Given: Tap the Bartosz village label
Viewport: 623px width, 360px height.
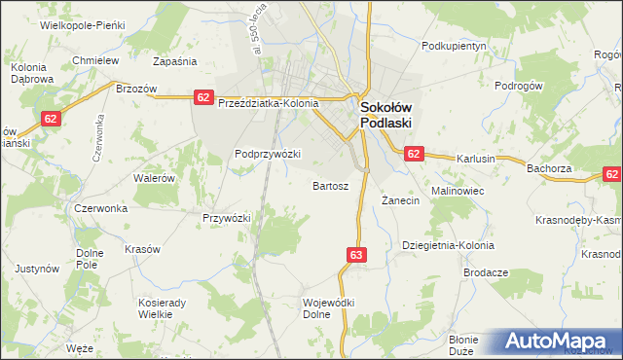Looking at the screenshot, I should [x=330, y=185].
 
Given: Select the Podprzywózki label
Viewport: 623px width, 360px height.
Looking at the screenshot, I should [x=268, y=154].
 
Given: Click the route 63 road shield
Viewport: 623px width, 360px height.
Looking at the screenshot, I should [x=355, y=255].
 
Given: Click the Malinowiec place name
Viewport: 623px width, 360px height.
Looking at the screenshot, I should [x=458, y=191].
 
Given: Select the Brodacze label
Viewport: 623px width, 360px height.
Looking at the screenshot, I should [x=486, y=273].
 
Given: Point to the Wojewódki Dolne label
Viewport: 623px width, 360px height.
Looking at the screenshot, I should [x=328, y=308].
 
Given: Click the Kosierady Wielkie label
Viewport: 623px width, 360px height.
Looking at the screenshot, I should [x=162, y=308].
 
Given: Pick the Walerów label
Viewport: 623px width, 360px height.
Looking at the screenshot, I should [x=154, y=179].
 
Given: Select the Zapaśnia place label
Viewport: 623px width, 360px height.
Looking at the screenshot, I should [x=175, y=60].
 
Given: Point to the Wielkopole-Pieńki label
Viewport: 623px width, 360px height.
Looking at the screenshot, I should [x=77, y=24].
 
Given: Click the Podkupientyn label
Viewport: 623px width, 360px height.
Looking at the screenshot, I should [x=454, y=46].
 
